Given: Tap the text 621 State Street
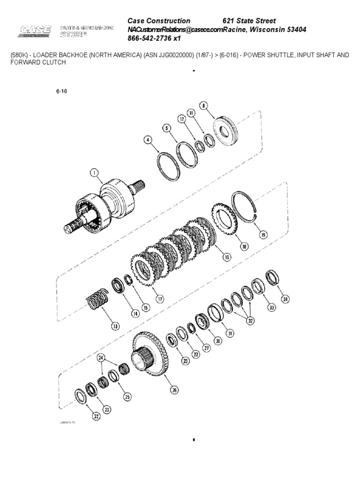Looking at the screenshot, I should [248, 21].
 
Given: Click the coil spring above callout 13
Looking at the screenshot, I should [99, 299].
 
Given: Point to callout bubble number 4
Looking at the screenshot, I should [148, 139].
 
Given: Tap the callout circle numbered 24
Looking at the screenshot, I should [100, 359].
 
